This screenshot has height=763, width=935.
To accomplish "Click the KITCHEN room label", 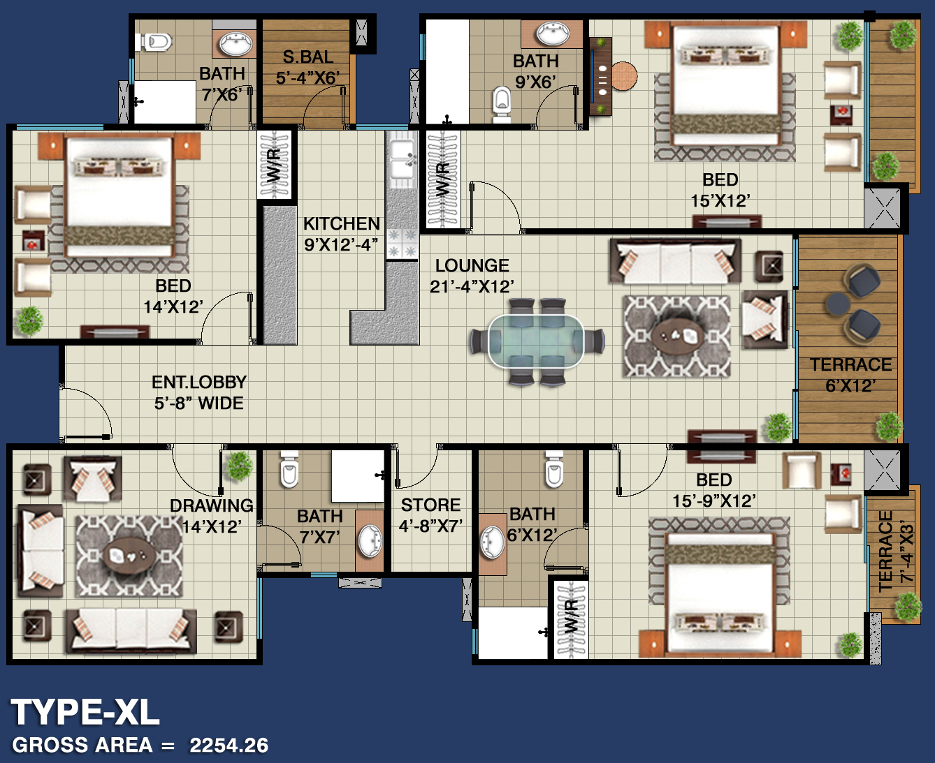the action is [342, 223].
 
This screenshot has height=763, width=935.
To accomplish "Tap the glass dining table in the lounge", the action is [536, 341].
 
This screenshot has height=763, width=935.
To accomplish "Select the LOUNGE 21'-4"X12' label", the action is [472, 276].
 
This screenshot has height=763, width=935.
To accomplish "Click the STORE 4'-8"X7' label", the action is [430, 515].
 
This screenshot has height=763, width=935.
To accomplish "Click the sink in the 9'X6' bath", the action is [552, 34].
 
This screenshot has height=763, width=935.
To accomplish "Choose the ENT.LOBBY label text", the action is [199, 382].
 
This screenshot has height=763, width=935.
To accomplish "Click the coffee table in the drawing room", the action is [129, 556].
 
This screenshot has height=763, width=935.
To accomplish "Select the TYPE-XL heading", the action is [85, 712].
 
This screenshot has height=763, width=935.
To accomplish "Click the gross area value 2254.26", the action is [229, 746].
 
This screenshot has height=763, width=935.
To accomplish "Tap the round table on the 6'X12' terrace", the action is [838, 304].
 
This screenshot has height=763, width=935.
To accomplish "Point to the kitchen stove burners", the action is [402, 244].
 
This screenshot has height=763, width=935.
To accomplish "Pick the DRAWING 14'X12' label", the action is [212, 516].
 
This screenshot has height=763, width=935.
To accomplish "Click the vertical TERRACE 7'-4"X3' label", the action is [894, 551].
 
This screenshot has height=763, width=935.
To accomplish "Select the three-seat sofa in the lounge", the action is [675, 261].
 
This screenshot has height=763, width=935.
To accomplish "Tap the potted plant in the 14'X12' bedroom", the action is [30, 320].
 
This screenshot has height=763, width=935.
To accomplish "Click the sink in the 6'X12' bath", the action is [492, 542].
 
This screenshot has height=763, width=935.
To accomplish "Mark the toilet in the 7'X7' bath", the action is [289, 469].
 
